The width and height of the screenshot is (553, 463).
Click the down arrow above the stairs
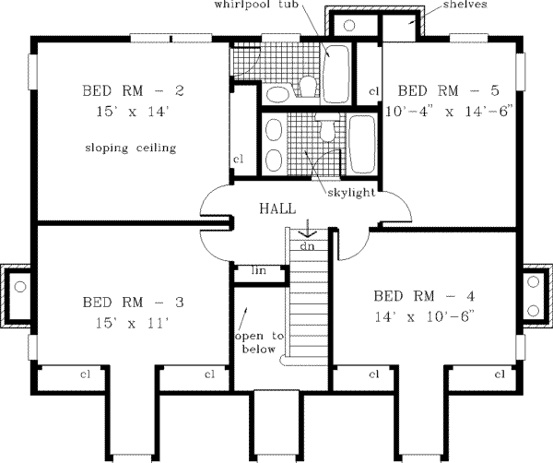[x=305, y=229]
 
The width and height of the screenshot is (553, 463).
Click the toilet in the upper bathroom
[x=307, y=86]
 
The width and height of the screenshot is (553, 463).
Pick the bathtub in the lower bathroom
[x=361, y=145]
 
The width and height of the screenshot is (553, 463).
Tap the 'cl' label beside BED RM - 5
[x=373, y=90]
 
